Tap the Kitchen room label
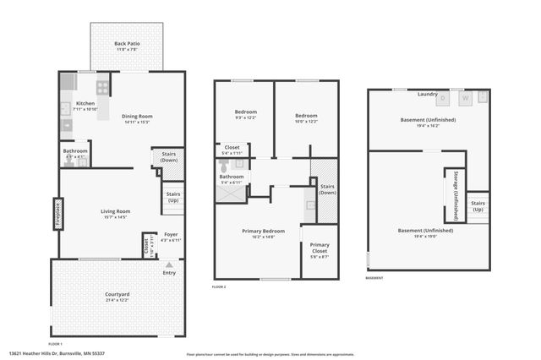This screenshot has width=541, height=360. [74, 104]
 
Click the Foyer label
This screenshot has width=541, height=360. [171, 236]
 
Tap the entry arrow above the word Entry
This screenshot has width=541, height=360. [169, 264]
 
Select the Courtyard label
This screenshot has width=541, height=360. [117, 296]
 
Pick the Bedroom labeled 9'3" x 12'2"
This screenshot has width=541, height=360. [245, 112]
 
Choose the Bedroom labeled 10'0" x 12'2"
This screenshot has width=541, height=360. [306, 116]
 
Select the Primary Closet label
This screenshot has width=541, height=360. [319, 248]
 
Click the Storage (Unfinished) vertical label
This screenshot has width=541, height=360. [455, 196]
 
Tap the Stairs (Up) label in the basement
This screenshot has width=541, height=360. [478, 205]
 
